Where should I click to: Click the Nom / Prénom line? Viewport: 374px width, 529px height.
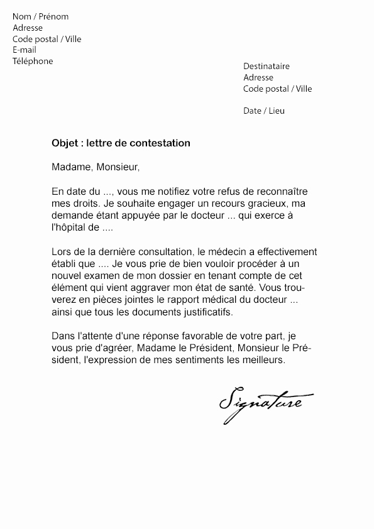(x=40, y=16)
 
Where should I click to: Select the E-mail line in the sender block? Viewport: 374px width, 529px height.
(x=25, y=50)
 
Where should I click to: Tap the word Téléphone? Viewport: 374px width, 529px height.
(x=33, y=61)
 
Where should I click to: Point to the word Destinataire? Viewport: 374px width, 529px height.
(x=267, y=66)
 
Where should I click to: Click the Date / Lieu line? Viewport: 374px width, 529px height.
(x=263, y=111)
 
